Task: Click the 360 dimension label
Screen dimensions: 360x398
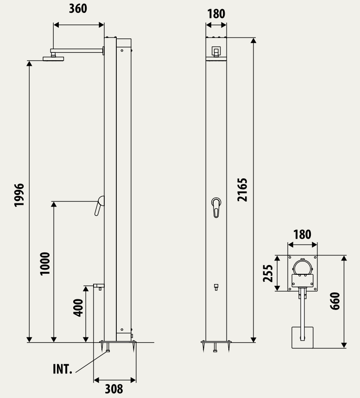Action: coord(78,8)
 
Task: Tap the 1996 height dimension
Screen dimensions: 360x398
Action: coord(19,195)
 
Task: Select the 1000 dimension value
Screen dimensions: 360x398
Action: coord(45,264)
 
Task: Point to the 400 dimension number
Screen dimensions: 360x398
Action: coord(78,308)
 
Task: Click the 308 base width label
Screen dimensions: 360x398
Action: coord(114,389)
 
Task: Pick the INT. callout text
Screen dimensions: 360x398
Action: coord(63,369)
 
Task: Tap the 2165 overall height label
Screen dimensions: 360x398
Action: coord(242,190)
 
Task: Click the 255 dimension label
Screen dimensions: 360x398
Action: coord(268,273)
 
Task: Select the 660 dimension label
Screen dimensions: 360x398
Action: coord(335,301)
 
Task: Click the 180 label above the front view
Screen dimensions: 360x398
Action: coord(216,14)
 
